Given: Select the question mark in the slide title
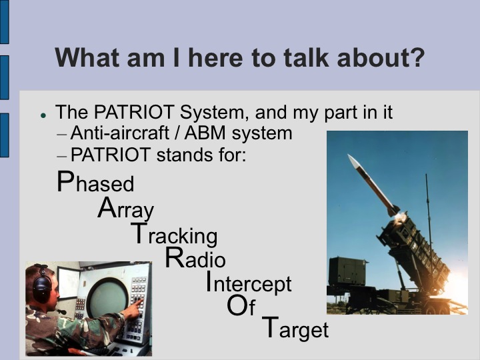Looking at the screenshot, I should pos(416,58).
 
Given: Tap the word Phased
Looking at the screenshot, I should pos(95,183).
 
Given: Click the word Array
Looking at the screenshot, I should pos(125,209).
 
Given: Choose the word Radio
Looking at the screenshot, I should pos(195,259).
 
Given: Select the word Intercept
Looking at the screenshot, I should pos(248,283).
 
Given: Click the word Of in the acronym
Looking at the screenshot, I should pos(241,307).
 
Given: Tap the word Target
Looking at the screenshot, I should pos(295,329).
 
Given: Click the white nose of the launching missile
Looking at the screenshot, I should pos(354,161).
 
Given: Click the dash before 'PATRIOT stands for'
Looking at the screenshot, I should pos(62,155).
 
